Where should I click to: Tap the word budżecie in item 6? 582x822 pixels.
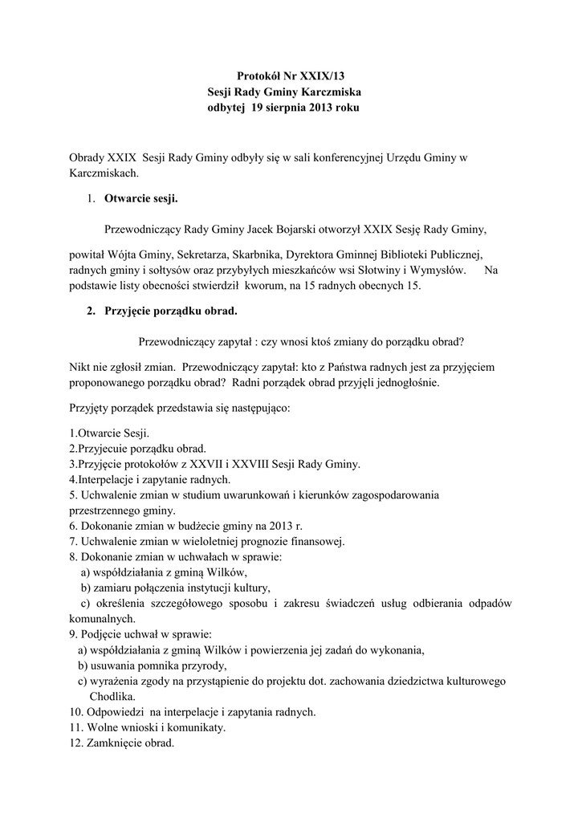coord(204,526)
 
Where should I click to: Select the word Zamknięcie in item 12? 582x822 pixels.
coord(113,743)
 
